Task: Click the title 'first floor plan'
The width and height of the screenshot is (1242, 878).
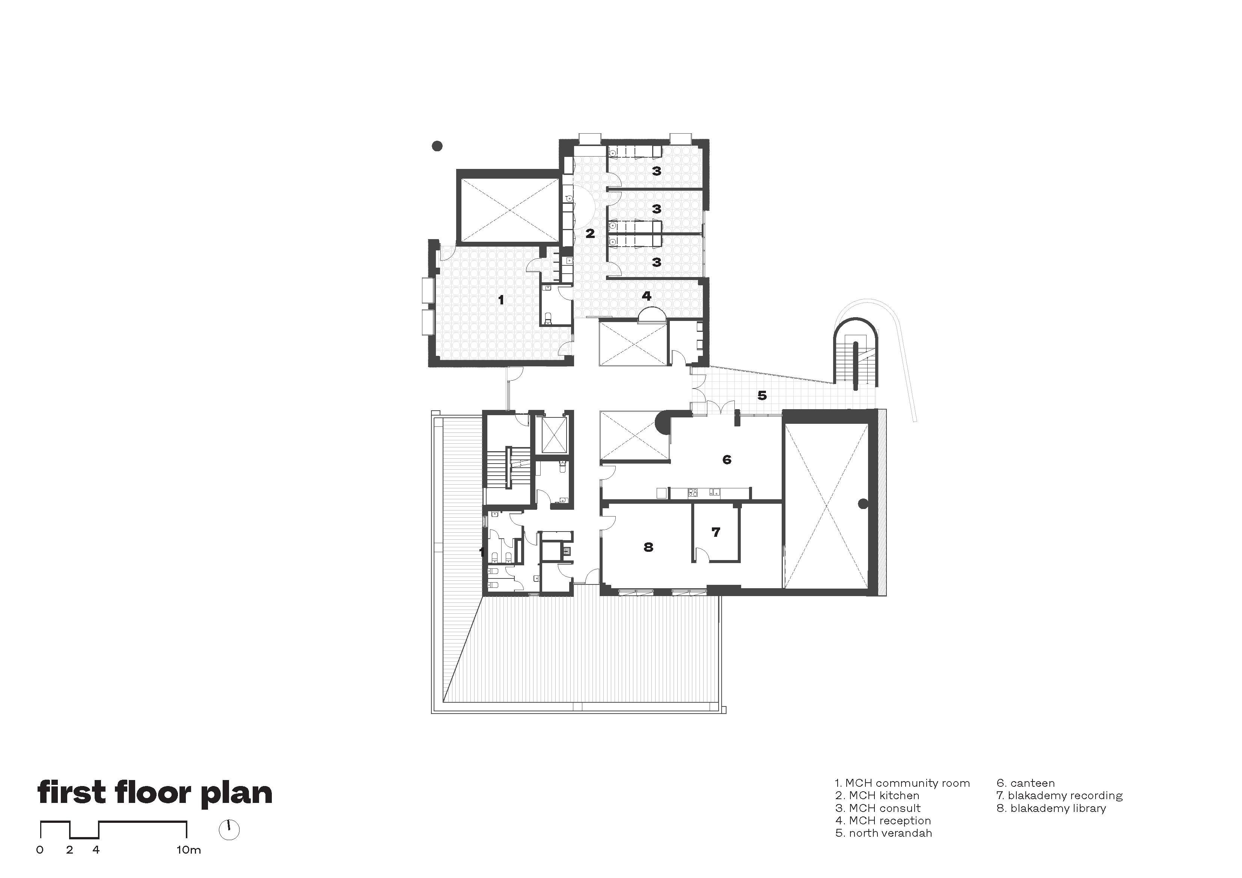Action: tap(155, 794)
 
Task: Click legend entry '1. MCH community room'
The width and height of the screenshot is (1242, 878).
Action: tap(902, 783)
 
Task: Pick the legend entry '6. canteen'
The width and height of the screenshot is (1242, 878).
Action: tap(1026, 783)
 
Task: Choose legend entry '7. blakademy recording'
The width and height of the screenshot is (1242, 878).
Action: tap(1060, 796)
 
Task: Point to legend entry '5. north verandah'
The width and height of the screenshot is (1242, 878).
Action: tap(884, 833)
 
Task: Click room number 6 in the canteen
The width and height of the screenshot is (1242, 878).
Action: tap(727, 459)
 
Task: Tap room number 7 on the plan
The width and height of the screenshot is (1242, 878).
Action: tap(716, 532)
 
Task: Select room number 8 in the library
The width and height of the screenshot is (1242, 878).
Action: tap(648, 547)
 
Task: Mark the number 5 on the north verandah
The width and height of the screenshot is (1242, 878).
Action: tap(762, 395)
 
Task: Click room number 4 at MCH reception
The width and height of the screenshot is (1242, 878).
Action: tap(647, 296)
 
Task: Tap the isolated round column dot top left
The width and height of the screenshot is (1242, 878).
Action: tap(437, 146)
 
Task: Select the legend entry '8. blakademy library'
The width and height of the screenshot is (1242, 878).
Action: tap(1051, 808)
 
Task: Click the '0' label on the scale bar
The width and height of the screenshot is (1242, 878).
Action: tap(40, 850)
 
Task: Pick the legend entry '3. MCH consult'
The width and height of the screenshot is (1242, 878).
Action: tap(877, 808)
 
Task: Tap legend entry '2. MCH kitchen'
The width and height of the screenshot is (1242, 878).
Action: tap(877, 796)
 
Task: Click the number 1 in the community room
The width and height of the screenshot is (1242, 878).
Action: tap(501, 299)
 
